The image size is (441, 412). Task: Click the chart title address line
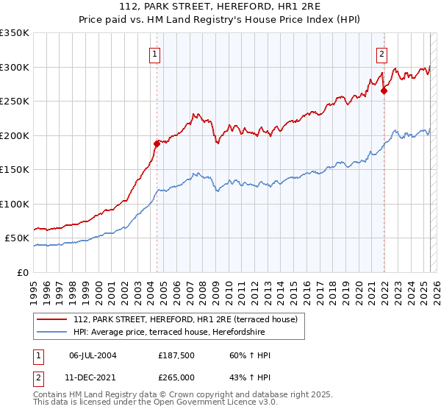tap(220, 5)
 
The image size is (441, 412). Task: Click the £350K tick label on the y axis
tap(15, 33)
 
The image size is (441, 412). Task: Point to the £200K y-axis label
tap(15, 135)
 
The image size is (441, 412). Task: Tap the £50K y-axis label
tap(18, 238)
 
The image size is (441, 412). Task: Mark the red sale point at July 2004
tap(157, 143)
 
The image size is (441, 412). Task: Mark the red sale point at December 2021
tap(384, 91)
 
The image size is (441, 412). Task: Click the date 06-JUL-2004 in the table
tap(93, 355)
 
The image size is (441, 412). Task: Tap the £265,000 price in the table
tap(176, 376)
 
